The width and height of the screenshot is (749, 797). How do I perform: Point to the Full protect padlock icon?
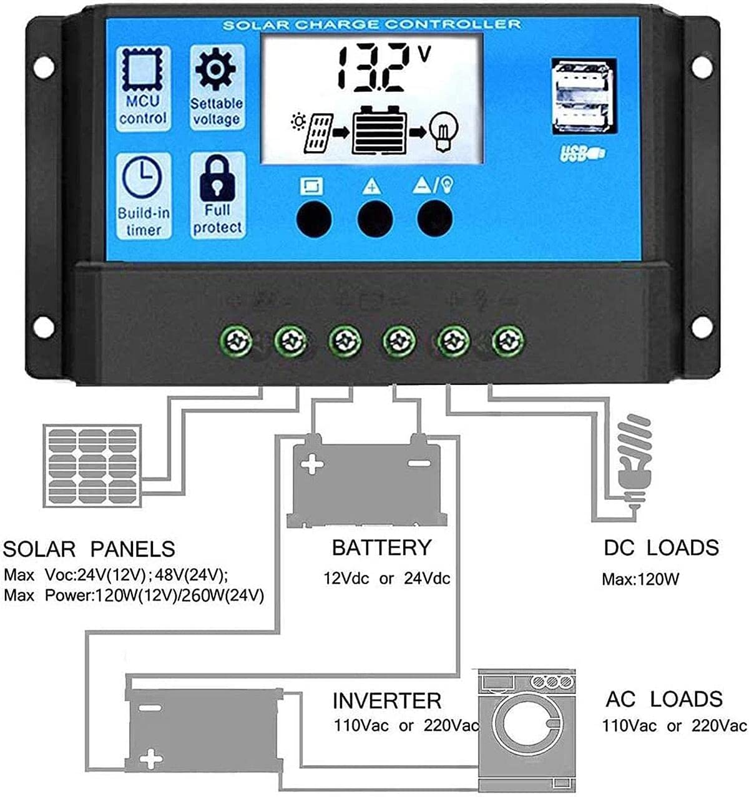click(x=217, y=177)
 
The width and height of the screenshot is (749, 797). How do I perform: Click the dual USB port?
click(x=583, y=97)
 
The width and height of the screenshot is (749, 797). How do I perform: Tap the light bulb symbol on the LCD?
click(x=445, y=129)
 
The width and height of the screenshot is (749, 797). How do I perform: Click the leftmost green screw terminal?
click(x=237, y=341)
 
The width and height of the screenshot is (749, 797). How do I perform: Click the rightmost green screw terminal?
click(x=508, y=341)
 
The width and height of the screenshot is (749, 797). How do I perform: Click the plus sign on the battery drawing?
click(x=312, y=464)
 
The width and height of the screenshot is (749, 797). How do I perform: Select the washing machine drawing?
click(x=526, y=731)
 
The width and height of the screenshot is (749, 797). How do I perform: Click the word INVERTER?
click(x=386, y=700)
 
